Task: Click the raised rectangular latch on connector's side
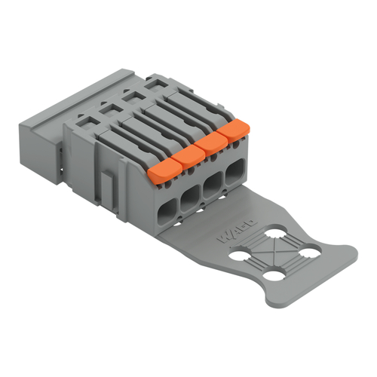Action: [x=107, y=185]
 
